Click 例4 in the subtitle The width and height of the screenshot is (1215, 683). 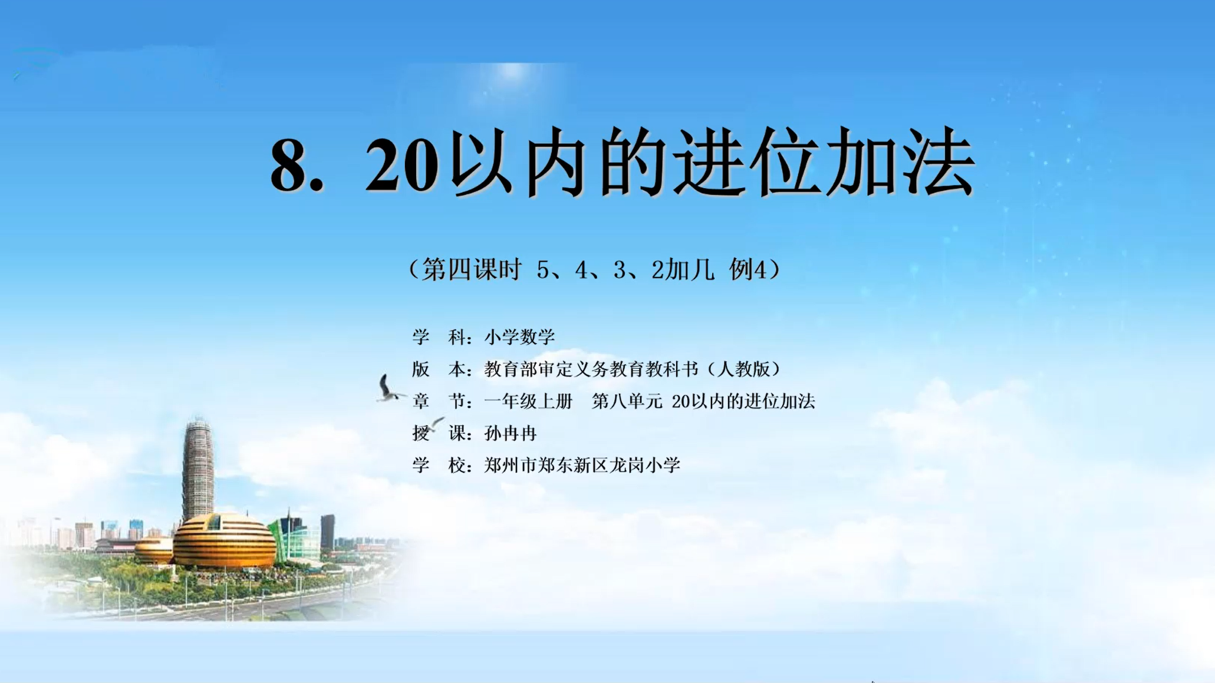click(748, 269)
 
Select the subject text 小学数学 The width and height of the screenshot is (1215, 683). click(519, 336)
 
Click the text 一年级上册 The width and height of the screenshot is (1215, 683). click(528, 401)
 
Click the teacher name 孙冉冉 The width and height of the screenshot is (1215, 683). click(511, 433)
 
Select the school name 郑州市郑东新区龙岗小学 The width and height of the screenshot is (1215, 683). click(582, 465)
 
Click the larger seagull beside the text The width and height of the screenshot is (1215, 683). click(388, 390)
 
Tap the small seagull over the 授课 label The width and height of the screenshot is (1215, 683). click(435, 423)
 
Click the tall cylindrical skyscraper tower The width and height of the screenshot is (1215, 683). click(198, 471)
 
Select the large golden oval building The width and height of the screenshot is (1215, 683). click(224, 541)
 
